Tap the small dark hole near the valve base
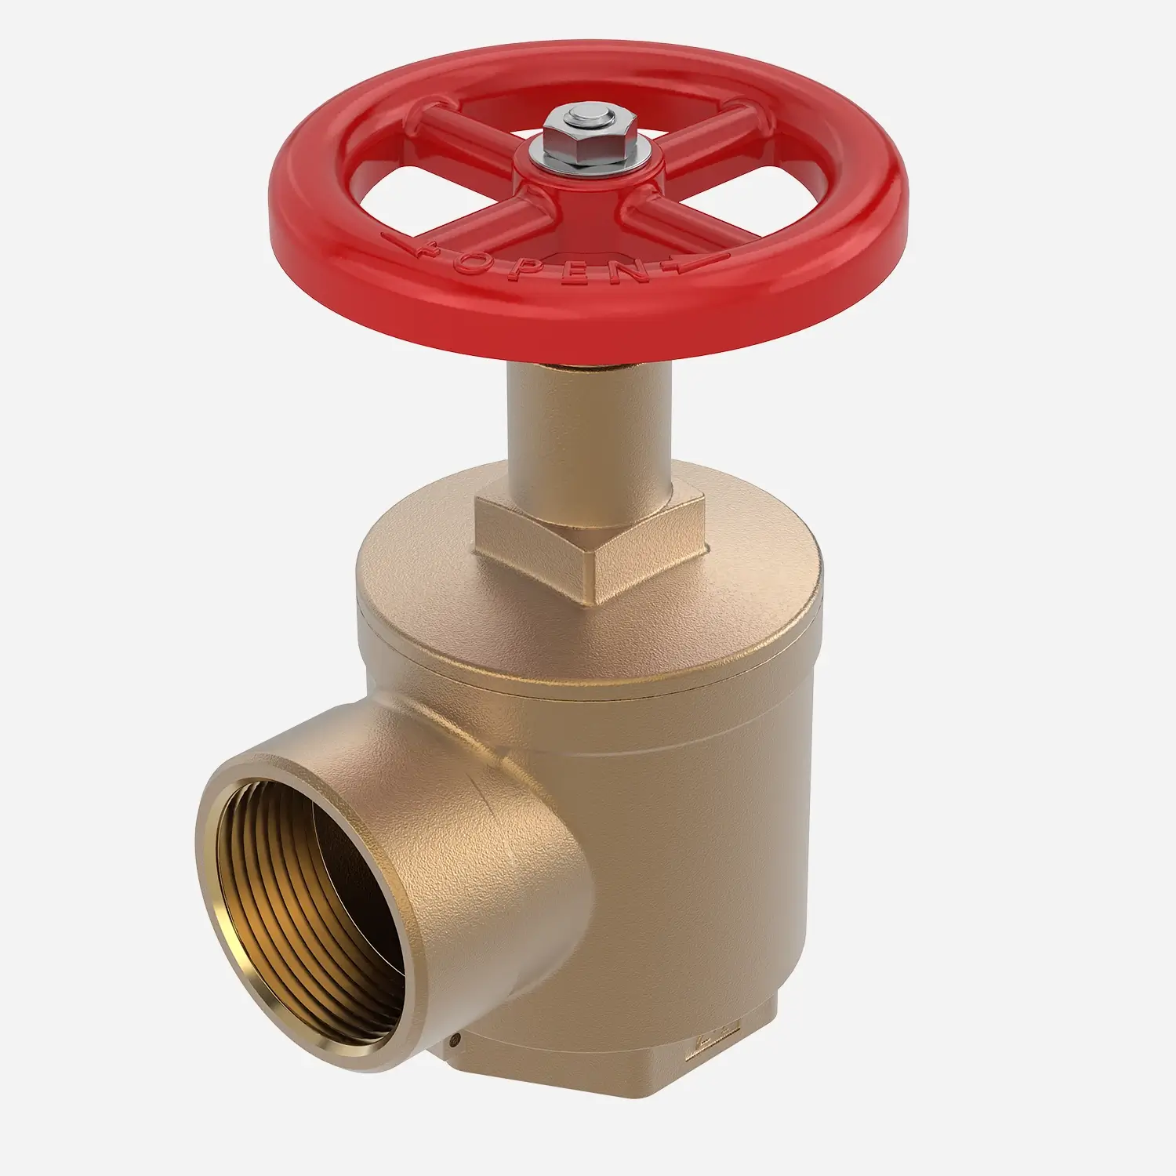(x=455, y=1042)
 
